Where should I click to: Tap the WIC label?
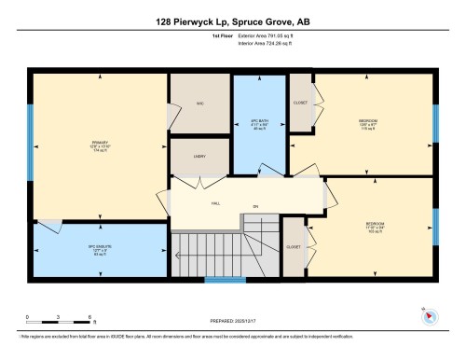click(x=199, y=104)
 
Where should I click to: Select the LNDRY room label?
click(x=199, y=157)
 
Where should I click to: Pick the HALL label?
click(x=215, y=201)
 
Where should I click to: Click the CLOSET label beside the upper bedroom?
click(x=300, y=102)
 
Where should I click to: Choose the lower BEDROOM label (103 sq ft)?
click(x=375, y=226)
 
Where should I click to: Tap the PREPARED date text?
click(x=232, y=323)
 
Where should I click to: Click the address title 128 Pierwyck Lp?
click(x=232, y=21)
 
